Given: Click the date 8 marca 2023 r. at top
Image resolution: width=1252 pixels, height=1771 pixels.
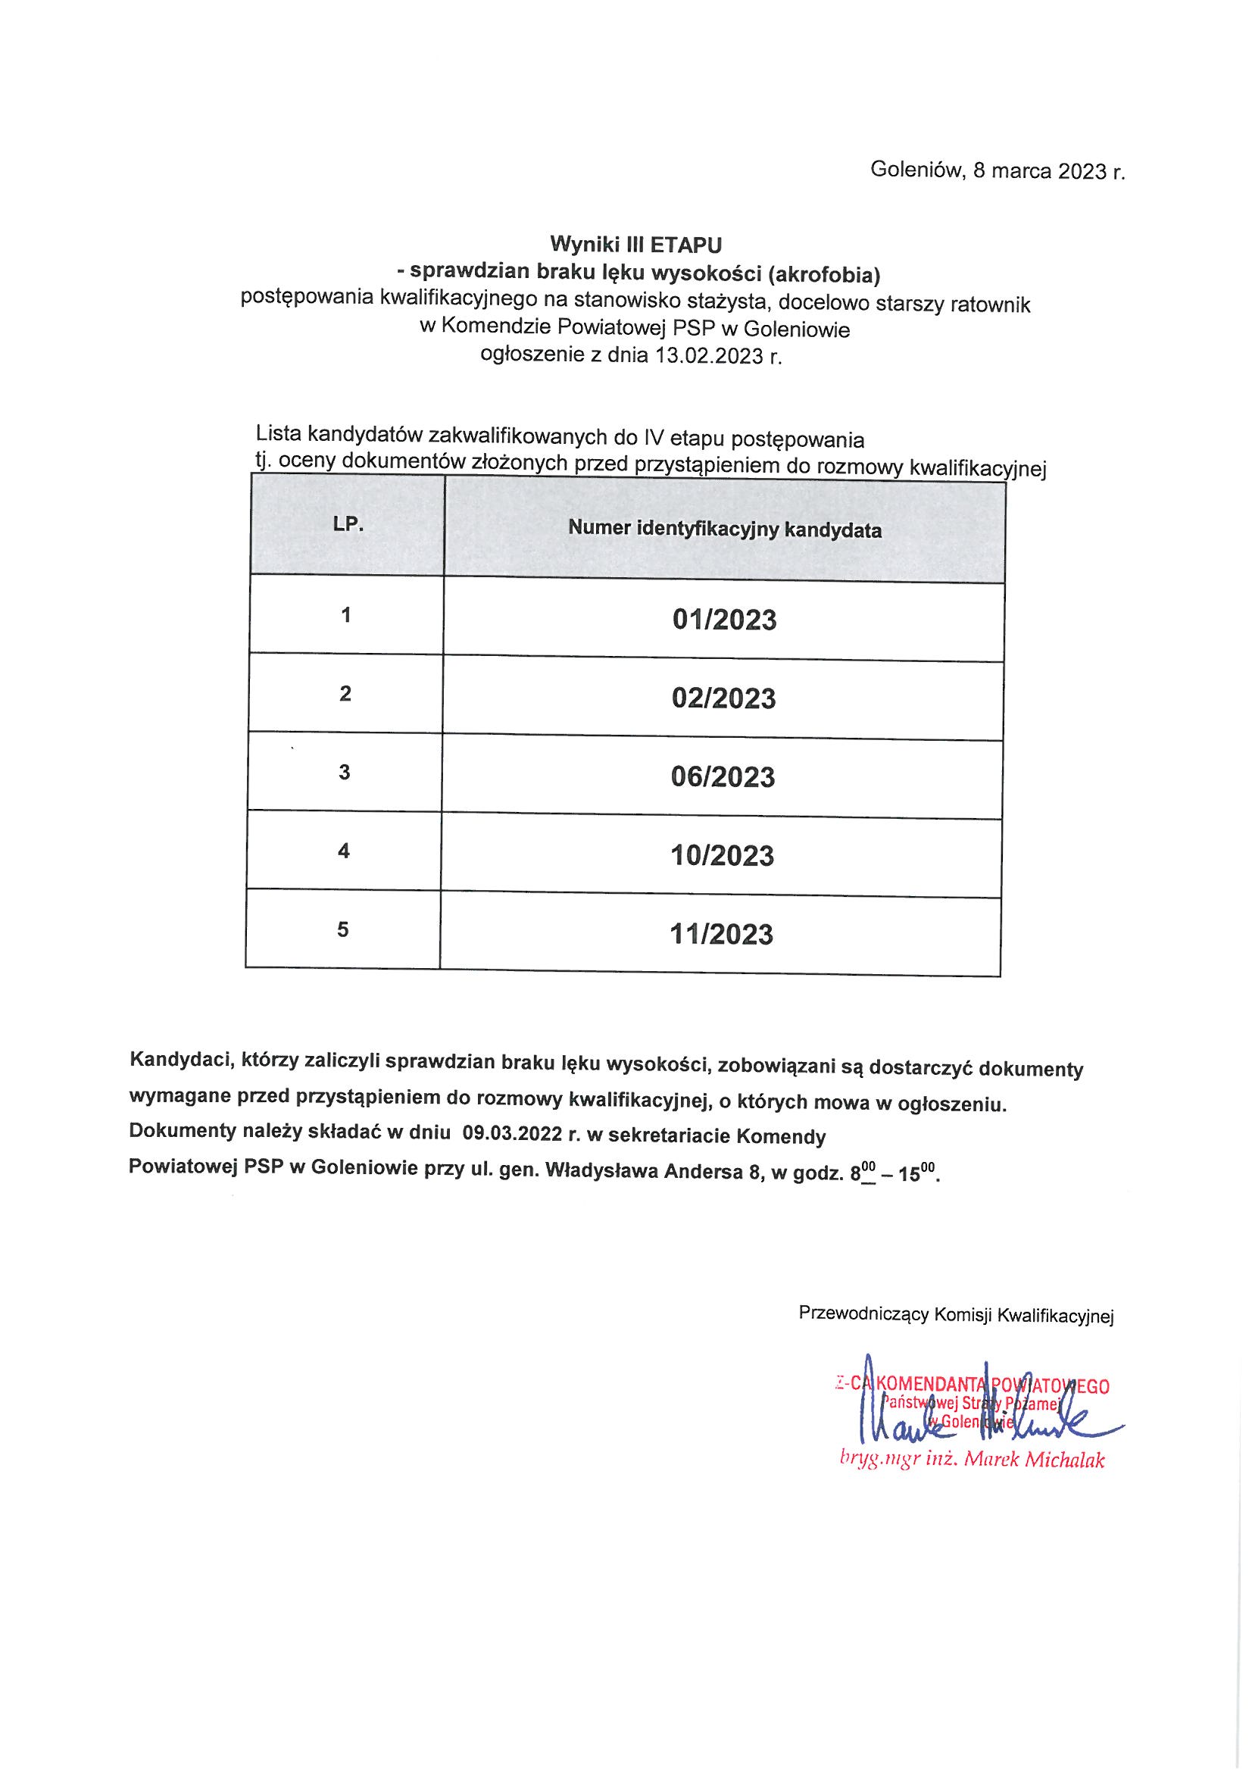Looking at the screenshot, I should (x=1049, y=170).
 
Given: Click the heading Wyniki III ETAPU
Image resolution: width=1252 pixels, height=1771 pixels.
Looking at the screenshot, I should (x=635, y=245).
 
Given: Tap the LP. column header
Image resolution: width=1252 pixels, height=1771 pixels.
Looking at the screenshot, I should (x=348, y=524).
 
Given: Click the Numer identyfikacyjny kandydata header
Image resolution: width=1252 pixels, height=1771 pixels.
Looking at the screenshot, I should (x=724, y=530).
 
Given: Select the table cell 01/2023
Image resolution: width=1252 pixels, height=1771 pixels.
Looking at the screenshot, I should (x=724, y=620).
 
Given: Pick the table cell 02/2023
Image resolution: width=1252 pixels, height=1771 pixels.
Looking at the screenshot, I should (x=723, y=698).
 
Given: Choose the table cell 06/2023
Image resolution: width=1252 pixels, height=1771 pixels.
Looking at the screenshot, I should (x=723, y=776).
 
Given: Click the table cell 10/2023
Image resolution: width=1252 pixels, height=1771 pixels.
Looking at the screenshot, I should (x=722, y=855).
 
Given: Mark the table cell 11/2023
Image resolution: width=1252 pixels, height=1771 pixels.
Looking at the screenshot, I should (x=721, y=934).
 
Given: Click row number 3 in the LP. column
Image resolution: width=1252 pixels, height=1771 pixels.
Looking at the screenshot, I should (x=344, y=772).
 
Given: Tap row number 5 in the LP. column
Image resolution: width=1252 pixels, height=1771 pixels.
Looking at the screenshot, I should (x=342, y=929).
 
